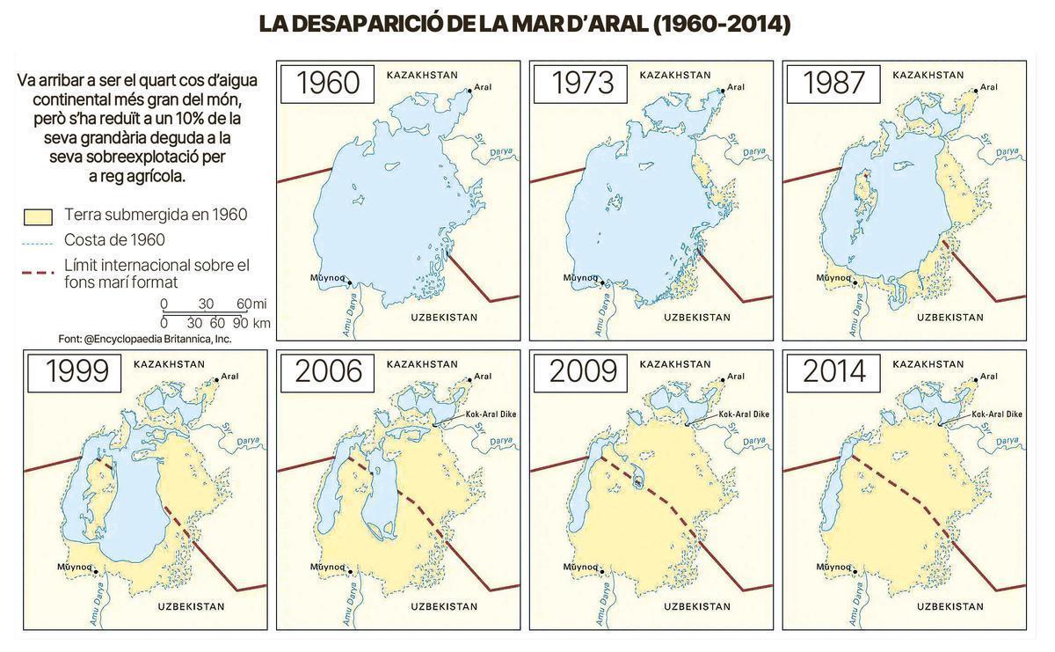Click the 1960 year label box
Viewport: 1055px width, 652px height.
click(328, 83)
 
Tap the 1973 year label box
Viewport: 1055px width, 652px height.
click(582, 83)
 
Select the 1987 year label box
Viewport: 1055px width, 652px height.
click(834, 83)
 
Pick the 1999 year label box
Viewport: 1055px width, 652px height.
click(76, 371)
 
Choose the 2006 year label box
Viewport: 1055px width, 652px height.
click(328, 371)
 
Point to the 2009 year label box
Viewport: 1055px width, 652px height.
click(582, 371)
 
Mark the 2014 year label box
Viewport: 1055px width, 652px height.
click(834, 371)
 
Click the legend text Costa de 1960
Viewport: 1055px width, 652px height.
click(114, 240)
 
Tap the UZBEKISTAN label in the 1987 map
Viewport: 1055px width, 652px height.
click(950, 317)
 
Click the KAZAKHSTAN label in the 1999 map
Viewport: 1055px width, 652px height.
click(169, 363)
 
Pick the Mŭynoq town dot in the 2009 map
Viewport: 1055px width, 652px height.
click(603, 572)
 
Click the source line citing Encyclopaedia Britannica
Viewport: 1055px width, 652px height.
click(145, 339)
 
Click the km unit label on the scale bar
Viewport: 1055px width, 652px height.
click(261, 323)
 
